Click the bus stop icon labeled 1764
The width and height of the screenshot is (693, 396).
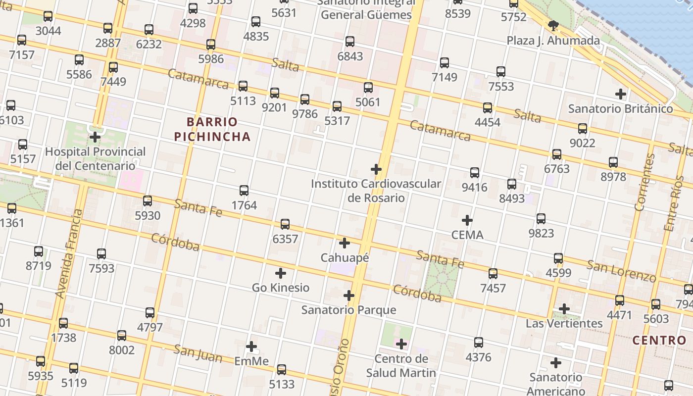click(244, 191)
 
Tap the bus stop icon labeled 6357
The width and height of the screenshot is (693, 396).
click(285, 224)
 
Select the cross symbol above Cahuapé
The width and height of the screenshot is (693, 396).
click(345, 243)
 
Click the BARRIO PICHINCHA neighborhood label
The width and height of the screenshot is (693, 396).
click(212, 129)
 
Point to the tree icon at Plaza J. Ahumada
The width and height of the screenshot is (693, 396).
click(553, 26)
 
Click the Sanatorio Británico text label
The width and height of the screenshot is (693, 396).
click(620, 108)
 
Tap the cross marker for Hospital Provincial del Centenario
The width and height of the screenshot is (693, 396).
click(95, 137)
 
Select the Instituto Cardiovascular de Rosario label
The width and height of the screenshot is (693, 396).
click(376, 191)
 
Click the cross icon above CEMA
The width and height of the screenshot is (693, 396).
click(467, 220)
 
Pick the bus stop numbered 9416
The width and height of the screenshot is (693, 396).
click(475, 173)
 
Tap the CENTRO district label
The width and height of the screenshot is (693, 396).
click(659, 341)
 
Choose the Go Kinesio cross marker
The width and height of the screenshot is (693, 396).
click(281, 273)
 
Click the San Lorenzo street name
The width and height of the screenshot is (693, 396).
click(621, 271)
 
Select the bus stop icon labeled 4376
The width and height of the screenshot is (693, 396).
click(479, 343)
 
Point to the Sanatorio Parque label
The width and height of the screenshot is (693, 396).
click(348, 310)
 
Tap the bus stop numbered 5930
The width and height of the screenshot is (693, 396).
click(148, 201)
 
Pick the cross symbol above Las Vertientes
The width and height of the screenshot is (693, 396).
click(564, 309)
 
